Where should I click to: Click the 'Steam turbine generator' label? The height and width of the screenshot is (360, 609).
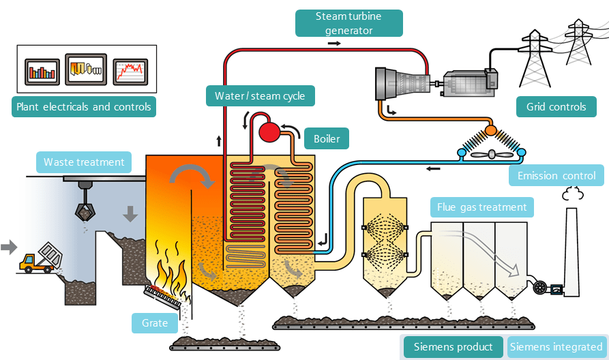(x=348, y=22)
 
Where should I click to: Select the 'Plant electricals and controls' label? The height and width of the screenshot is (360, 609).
(x=83, y=106)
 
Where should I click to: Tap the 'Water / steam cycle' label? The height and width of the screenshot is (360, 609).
(x=260, y=95)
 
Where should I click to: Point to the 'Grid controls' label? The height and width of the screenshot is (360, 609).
(x=556, y=106)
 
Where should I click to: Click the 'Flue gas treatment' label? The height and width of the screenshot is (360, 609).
(x=483, y=207)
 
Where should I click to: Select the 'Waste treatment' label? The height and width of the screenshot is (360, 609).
(x=84, y=162)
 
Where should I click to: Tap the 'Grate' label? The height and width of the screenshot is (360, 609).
(x=155, y=322)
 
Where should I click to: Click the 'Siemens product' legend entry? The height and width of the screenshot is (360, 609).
(x=453, y=347)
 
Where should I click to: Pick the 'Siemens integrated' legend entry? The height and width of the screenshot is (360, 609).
(x=556, y=347)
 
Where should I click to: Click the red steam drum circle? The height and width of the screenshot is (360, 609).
(x=270, y=131)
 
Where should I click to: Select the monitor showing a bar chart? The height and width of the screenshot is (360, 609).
(x=43, y=70)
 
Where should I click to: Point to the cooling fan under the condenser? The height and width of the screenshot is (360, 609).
(x=490, y=154)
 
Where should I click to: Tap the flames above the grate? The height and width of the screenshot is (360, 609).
(x=170, y=269)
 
